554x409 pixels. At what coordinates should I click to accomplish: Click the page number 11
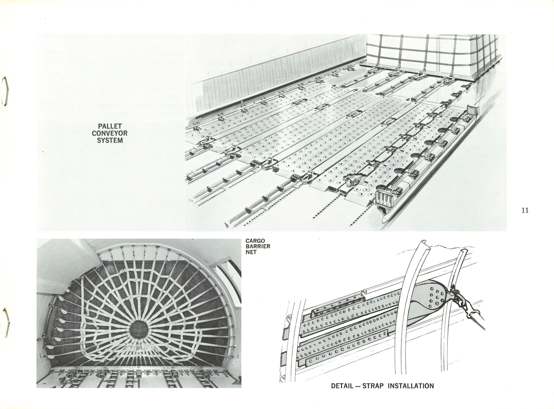tap(524, 211)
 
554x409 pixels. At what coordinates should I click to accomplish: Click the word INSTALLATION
tap(411, 386)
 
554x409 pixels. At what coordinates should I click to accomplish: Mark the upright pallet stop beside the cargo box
tap(473, 110)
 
